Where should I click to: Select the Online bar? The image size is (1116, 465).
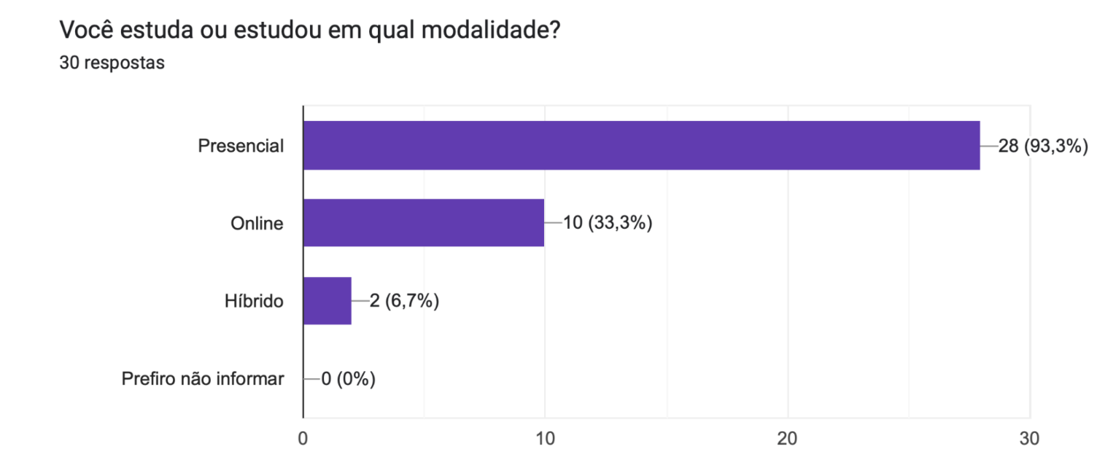pos(424,223)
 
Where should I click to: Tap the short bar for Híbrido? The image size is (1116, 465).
pos(328,300)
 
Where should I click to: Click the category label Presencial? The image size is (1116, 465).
pos(241,146)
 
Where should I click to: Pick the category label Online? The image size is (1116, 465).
pos(257,224)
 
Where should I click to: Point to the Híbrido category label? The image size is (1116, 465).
pos(254,301)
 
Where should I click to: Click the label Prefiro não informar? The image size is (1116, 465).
pos(203,379)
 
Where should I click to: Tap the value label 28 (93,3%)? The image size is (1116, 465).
pos(1042,146)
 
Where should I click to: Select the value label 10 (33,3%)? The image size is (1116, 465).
pos(607,224)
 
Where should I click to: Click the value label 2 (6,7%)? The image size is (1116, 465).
pos(403,301)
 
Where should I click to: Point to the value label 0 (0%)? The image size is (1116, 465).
pos(348,379)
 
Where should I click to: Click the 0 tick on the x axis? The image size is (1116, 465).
pos(303,439)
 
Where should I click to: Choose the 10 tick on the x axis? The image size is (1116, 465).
pos(544,439)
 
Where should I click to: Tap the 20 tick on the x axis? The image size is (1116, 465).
pos(787,439)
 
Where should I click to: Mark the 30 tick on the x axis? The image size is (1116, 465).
pos(1029,439)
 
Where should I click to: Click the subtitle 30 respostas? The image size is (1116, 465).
pos(112,63)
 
